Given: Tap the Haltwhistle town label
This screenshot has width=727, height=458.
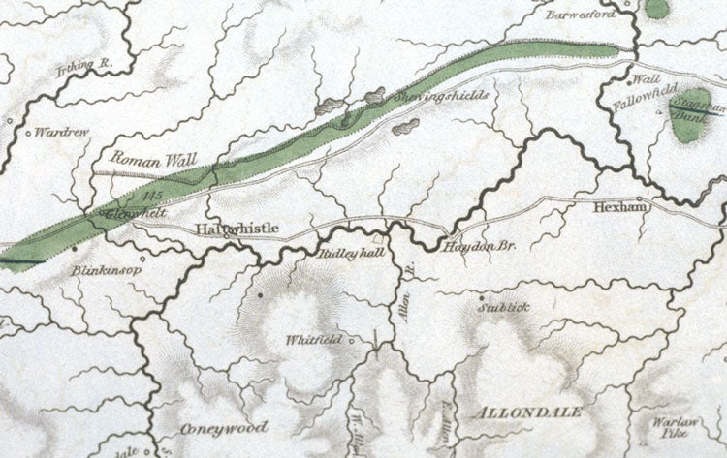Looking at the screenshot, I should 237,229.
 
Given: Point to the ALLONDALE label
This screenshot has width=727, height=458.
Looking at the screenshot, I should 529,412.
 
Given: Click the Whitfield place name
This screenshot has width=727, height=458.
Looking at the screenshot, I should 314,340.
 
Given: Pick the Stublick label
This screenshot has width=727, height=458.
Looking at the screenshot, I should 504,308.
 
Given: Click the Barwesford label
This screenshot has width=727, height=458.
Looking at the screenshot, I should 581,16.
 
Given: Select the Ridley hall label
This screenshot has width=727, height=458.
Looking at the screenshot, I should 346,253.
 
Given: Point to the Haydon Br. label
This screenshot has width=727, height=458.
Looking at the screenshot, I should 479,248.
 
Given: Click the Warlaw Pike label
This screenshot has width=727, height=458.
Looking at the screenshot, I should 669,429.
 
